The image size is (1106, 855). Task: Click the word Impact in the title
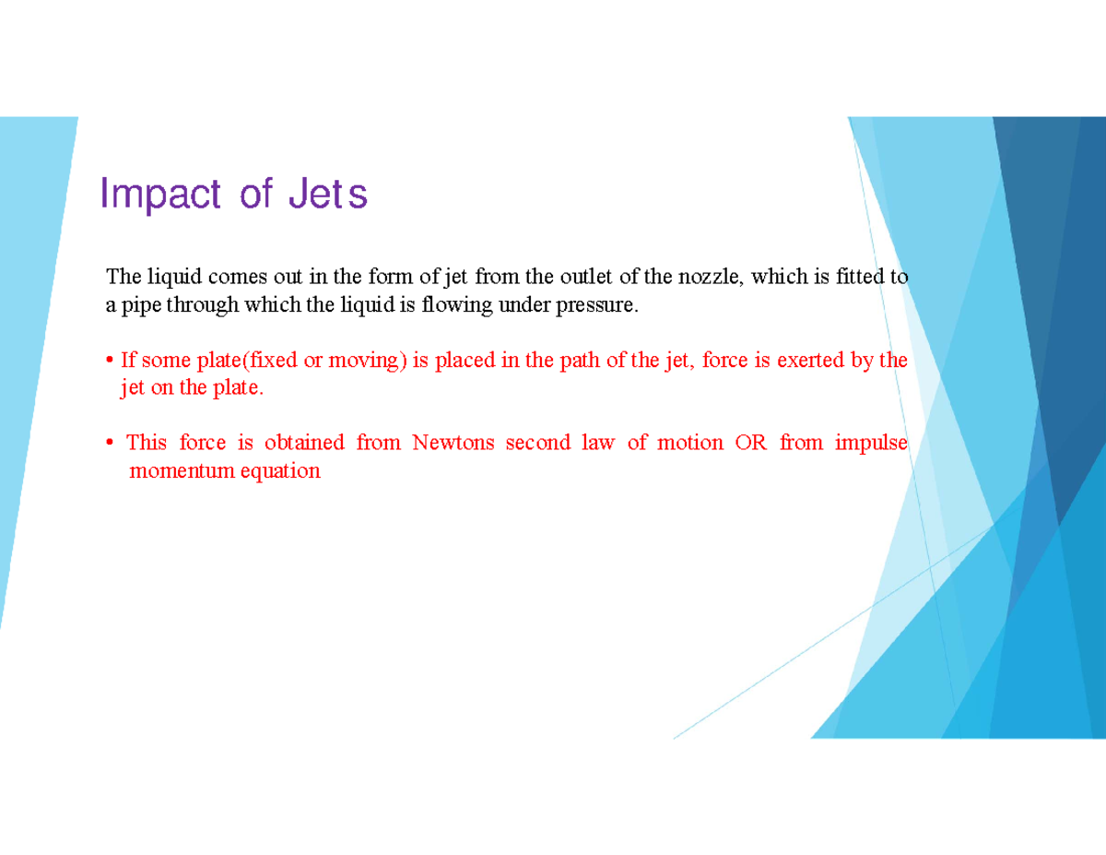pyautogui.click(x=160, y=195)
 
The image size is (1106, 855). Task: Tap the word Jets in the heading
pyautogui.click(x=327, y=195)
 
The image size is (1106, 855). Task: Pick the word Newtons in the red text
pyautogui.click(x=453, y=443)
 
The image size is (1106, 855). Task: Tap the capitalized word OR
pyautogui.click(x=749, y=443)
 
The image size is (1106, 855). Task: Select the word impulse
pyautogui.click(x=871, y=443)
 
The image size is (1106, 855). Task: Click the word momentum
pyautogui.click(x=171, y=471)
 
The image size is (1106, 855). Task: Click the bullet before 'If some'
pyautogui.click(x=110, y=360)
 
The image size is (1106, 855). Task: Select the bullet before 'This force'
pyautogui.click(x=110, y=444)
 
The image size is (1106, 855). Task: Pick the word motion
pyautogui.click(x=690, y=443)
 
